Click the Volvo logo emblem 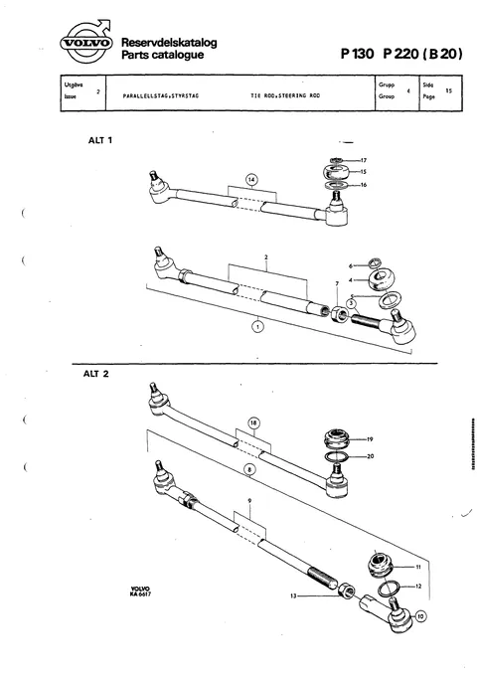[x=86, y=43]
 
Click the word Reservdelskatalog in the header [x=169, y=42]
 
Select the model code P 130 [x=358, y=54]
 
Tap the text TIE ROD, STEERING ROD [x=285, y=95]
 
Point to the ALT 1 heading [x=100, y=140]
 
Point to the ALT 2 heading [x=96, y=374]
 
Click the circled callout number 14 [x=251, y=180]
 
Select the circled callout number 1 [x=257, y=326]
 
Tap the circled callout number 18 [x=254, y=423]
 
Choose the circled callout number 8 [x=249, y=470]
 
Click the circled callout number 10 [x=420, y=616]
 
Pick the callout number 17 [x=364, y=161]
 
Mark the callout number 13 [x=293, y=596]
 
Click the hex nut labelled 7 [x=339, y=315]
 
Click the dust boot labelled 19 [x=337, y=438]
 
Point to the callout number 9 [x=249, y=501]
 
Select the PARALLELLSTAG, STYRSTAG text [x=161, y=95]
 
